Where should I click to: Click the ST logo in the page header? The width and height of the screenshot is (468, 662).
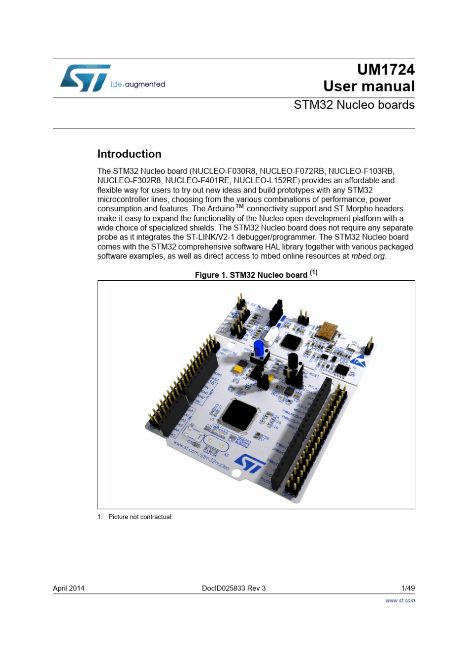click(x=85, y=78)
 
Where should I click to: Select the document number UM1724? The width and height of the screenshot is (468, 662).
click(x=386, y=69)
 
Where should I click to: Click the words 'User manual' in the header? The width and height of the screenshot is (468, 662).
click(x=368, y=86)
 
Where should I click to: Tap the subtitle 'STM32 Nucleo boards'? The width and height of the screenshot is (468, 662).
click(x=354, y=105)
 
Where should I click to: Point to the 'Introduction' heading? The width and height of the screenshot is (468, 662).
click(x=129, y=154)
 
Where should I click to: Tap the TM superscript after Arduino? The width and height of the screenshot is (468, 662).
click(x=239, y=206)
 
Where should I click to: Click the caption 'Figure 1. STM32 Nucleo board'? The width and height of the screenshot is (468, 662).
click(x=251, y=275)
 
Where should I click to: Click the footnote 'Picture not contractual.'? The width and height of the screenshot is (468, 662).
click(x=140, y=517)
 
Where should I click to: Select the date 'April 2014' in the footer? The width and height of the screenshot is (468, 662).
click(x=68, y=588)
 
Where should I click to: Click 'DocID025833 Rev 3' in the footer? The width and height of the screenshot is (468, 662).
click(x=234, y=588)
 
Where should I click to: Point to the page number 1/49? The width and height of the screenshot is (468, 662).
click(x=408, y=588)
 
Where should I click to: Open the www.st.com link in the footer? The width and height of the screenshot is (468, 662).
click(x=400, y=600)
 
